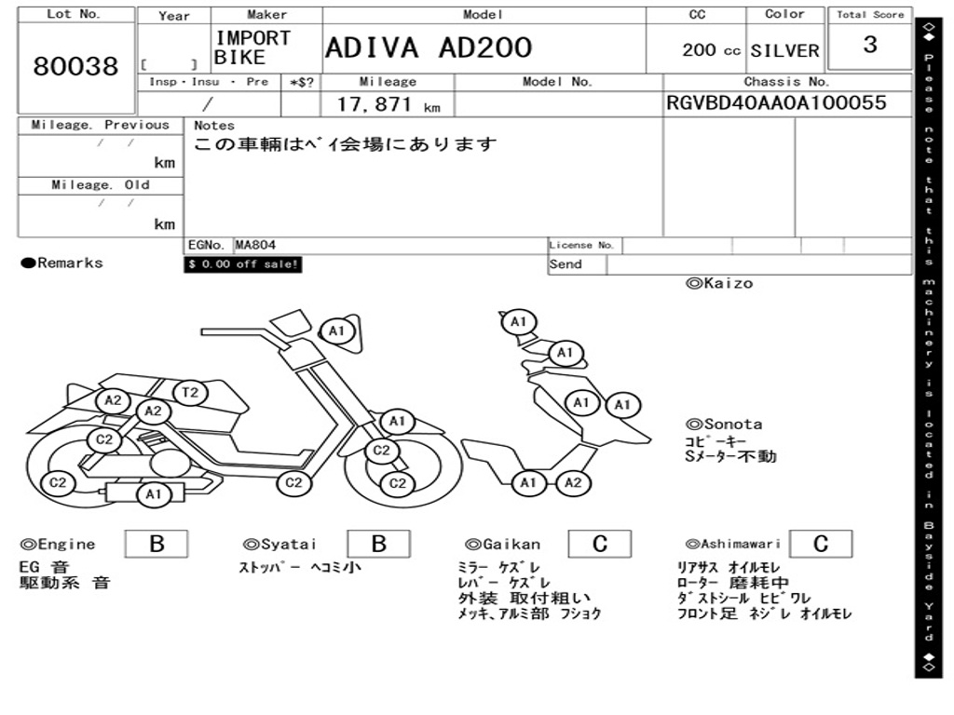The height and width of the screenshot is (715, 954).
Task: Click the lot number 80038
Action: coord(76,66)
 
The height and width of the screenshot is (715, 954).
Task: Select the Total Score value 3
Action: coord(870,45)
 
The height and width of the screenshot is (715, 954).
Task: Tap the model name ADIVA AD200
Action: coord(429,48)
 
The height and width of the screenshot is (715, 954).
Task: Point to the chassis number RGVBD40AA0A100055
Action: coord(776,102)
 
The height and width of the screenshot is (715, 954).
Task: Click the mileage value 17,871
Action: coord(375,104)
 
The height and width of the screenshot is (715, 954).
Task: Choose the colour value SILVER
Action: coord(784,51)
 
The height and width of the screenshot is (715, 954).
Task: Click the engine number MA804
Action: coord(255,245)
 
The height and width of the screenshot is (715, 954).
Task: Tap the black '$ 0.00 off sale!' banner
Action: coord(243,264)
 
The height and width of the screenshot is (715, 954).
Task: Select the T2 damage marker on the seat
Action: coord(190,392)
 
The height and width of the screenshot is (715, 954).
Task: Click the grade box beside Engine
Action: coord(157,544)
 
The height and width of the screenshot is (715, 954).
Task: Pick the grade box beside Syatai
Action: coord(378,544)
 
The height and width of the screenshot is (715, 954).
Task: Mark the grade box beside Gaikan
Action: coord(600,544)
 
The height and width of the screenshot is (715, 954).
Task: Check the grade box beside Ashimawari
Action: coord(821,544)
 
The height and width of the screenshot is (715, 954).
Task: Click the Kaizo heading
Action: coord(719,283)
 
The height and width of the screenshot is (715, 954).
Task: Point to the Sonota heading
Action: coord(724,425)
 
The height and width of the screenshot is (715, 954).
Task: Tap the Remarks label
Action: coord(62,263)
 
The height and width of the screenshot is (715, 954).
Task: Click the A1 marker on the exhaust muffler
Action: coord(154,494)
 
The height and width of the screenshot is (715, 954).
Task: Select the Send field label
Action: coord(566,264)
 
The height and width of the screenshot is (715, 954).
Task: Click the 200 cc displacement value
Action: coord(711,50)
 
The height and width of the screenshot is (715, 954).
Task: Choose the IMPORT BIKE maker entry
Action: coord(252,47)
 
